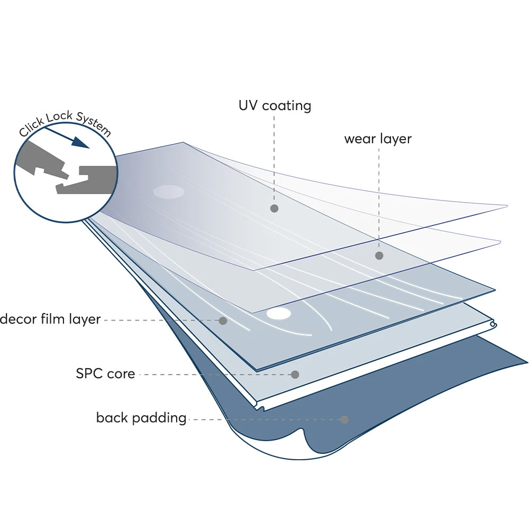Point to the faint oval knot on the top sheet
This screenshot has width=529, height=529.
pyautogui.click(x=169, y=193)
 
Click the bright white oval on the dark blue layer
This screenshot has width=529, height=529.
pyautogui.click(x=279, y=314)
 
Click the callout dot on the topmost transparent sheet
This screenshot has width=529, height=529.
pyautogui.click(x=274, y=208)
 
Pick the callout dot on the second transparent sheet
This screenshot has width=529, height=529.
pyautogui.click(x=379, y=256)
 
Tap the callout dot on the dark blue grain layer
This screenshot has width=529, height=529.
pyautogui.click(x=223, y=321)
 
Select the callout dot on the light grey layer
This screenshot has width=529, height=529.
pyautogui.click(x=295, y=375)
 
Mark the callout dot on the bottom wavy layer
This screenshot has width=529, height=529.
pyautogui.click(x=344, y=419)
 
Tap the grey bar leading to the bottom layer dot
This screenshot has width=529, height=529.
pyautogui.click(x=205, y=421)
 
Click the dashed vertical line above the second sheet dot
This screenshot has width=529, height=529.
pyautogui.click(x=379, y=212)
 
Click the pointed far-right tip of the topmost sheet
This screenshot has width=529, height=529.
pyautogui.click(x=506, y=205)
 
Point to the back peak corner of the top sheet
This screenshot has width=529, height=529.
pyautogui.click(x=183, y=143)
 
